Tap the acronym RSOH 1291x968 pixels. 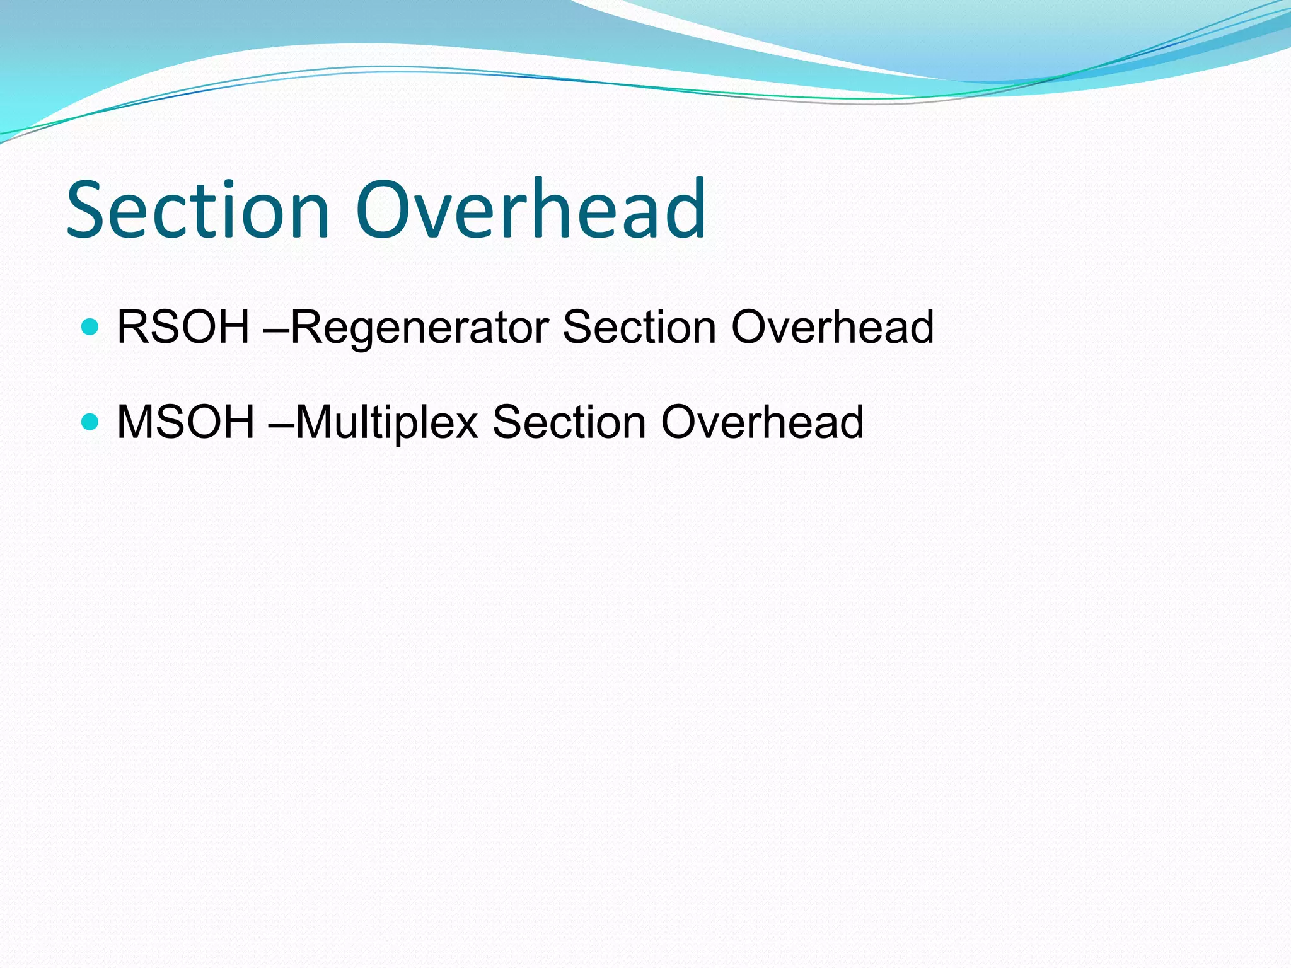183,327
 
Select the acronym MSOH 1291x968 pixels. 186,422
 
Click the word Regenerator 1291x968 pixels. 420,328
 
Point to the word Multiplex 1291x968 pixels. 386,423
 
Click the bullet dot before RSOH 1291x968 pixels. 91,327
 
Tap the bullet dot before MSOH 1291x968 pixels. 91,421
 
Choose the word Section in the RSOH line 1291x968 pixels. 639,327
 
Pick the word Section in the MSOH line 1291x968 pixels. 569,422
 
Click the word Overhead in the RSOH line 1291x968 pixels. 832,327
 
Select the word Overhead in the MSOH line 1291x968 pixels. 762,422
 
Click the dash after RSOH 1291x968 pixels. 278,330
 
